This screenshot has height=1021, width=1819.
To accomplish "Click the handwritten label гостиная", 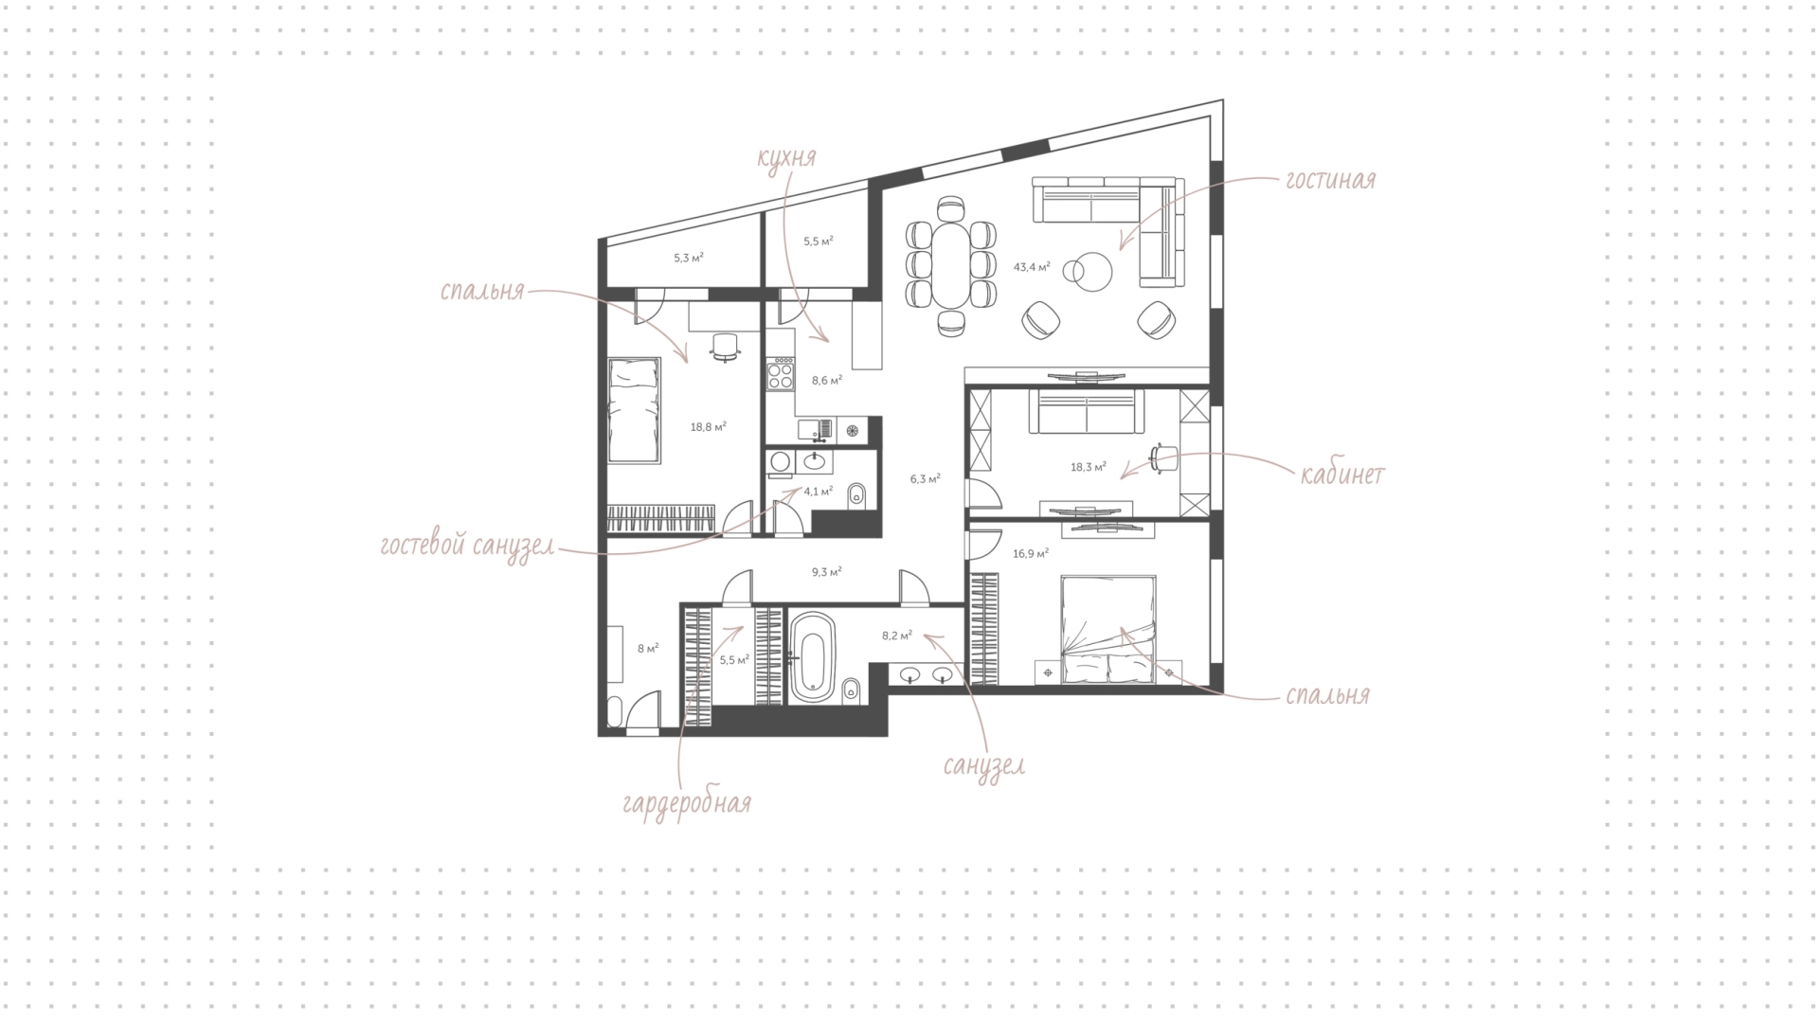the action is click(x=1329, y=180).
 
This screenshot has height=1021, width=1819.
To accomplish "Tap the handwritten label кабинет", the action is click(x=1342, y=474).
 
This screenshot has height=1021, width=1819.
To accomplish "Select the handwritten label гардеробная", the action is click(x=687, y=804).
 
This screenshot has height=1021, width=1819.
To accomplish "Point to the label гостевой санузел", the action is click(x=467, y=546).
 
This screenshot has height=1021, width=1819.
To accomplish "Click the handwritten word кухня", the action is click(x=786, y=157).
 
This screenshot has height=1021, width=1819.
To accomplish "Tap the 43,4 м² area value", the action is click(x=1032, y=267).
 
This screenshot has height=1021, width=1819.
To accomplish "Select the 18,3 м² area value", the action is click(x=1088, y=467).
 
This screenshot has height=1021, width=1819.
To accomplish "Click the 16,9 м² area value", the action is click(x=1031, y=553).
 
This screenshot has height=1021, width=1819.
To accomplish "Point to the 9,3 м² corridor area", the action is click(x=826, y=572).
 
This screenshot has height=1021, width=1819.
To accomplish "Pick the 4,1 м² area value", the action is click(x=819, y=492).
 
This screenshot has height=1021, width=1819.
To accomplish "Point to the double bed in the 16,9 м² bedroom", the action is click(x=1108, y=629).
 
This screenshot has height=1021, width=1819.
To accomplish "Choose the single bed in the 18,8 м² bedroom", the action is click(x=634, y=411).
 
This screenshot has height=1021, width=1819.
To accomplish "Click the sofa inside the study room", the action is click(x=1086, y=414).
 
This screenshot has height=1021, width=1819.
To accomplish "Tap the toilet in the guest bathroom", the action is click(x=857, y=493).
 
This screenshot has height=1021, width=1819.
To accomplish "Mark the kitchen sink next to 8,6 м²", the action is click(x=816, y=431).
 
